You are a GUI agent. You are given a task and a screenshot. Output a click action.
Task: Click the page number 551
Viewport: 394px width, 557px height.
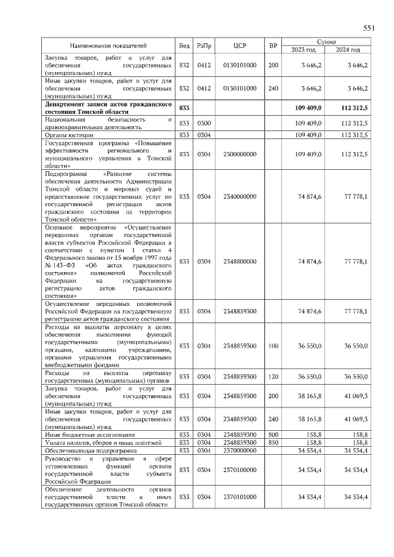coord(369,28)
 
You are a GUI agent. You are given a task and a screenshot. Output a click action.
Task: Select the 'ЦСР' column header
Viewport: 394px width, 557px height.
coord(240,46)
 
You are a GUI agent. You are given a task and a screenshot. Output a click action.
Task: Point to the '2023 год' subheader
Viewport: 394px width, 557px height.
coord(303,49)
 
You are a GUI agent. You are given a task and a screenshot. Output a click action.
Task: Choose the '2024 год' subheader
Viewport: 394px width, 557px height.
coord(348,49)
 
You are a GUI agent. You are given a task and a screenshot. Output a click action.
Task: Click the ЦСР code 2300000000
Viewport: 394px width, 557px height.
coord(240,154)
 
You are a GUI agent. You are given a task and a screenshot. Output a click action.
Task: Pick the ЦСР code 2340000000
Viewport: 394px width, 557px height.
coord(240,196)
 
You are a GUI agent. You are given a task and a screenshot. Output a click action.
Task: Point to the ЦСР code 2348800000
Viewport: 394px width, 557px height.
coord(240,262)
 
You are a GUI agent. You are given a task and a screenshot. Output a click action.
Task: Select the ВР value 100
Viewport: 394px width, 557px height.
coord(273,346)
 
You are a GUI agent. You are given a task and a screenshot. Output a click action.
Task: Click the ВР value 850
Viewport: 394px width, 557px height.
coord(273,442)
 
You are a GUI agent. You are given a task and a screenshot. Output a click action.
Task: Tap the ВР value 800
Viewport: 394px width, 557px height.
coord(273,435)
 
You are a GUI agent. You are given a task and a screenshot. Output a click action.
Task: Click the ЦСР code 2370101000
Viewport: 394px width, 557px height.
coord(240,496)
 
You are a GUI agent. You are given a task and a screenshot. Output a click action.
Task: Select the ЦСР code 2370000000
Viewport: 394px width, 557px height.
coord(240,450)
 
